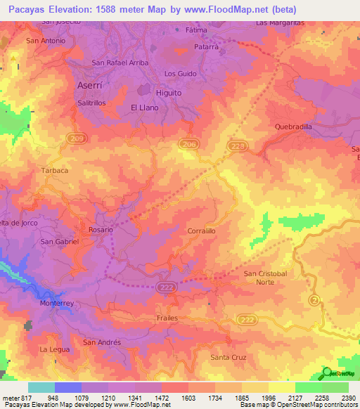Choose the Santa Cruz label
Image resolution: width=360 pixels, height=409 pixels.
click(x=229, y=358)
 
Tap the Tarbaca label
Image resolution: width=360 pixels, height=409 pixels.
click(x=55, y=171)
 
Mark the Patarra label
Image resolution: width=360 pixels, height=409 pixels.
click(x=207, y=47)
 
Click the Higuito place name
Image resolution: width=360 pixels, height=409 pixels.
click(x=169, y=92)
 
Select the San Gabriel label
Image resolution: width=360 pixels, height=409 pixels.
click(x=59, y=241)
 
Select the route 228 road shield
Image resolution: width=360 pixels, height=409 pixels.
click(x=238, y=145)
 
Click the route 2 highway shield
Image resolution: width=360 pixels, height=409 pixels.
click(x=314, y=300)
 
